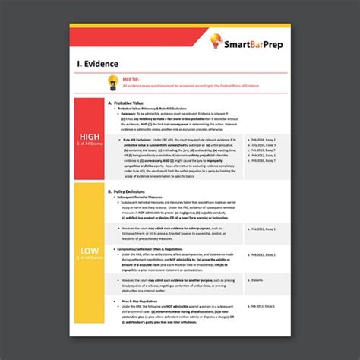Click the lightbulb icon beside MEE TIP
112,81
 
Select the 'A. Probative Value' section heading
137,103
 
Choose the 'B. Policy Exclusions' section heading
137,192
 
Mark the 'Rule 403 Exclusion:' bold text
134,140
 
